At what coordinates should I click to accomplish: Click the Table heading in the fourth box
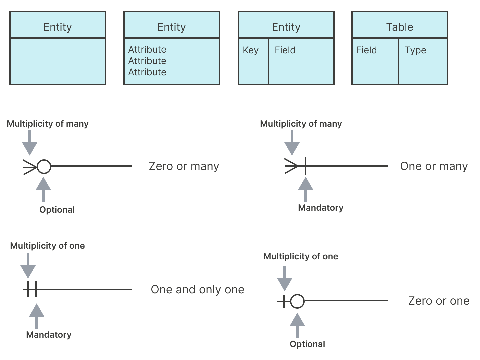tap(400, 27)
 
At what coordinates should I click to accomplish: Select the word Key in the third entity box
tap(251, 50)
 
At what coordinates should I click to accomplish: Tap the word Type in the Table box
tap(415, 50)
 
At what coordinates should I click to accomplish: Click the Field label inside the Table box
tap(367, 50)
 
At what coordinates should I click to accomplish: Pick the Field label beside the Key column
tap(285, 50)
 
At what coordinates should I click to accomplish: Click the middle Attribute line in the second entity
tap(147, 61)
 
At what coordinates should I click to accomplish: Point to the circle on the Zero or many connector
tap(44, 167)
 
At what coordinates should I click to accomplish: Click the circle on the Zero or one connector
tap(297, 301)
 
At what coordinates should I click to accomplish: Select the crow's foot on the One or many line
tap(291, 166)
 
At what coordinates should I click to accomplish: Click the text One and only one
tap(197, 290)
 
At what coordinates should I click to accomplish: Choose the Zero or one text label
tap(439, 301)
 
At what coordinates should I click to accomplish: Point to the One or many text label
tap(434, 166)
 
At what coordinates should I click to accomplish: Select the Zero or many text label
tap(184, 166)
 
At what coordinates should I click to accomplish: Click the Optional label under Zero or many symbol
tap(57, 210)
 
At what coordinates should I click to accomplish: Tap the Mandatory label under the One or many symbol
tap(321, 208)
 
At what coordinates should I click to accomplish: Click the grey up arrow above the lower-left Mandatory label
tap(37, 316)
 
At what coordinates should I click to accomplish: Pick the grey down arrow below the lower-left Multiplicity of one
tap(28, 266)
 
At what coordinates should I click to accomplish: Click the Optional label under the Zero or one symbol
tap(307, 344)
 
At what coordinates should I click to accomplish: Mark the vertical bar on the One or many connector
tap(305, 166)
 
